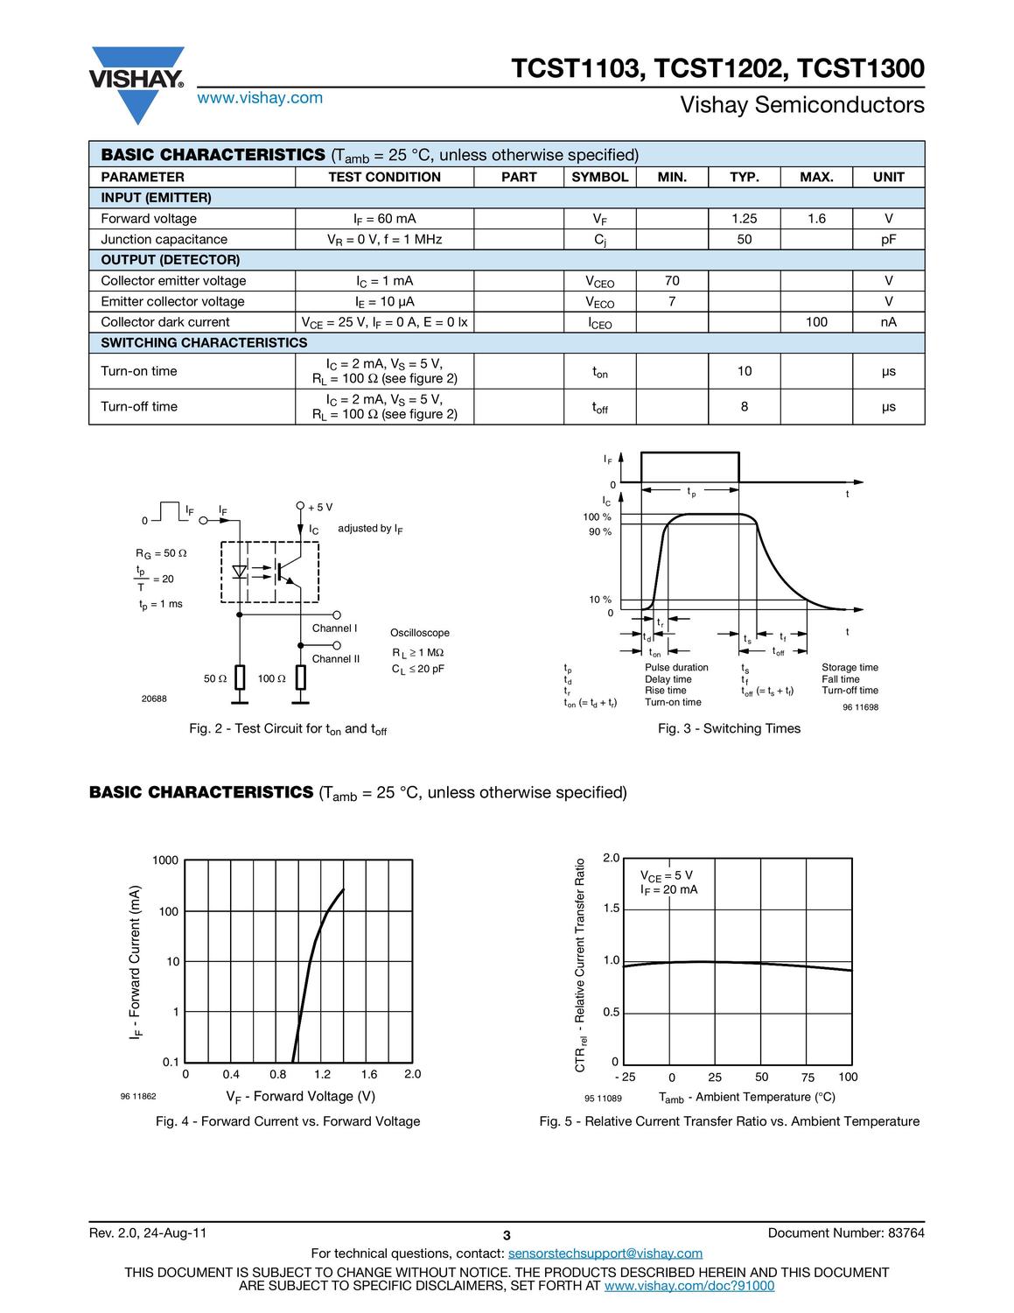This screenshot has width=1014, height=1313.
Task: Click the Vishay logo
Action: (136, 82)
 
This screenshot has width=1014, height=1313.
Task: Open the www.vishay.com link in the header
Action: (260, 98)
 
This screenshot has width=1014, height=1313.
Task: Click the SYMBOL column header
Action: (599, 177)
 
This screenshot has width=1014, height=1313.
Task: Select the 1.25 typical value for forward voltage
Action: (744, 219)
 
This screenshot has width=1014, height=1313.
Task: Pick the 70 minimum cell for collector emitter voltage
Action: (671, 281)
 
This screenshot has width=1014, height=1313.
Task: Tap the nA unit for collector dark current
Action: (888, 322)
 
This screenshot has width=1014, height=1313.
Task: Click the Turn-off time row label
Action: (139, 406)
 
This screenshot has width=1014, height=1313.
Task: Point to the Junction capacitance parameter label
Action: (164, 240)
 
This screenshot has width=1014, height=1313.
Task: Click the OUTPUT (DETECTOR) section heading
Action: (170, 260)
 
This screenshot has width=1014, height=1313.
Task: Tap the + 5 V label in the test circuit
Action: (320, 508)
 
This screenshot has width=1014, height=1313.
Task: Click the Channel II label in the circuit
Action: (336, 659)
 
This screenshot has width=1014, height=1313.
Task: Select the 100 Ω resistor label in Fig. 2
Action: (271, 679)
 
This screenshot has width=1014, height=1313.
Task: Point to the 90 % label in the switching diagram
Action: (599, 532)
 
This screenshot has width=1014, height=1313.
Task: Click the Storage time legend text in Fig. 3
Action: (850, 668)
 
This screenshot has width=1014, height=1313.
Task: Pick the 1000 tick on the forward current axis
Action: (164, 860)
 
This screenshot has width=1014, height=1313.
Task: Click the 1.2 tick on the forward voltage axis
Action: (322, 1074)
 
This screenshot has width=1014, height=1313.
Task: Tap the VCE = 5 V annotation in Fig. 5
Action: (666, 875)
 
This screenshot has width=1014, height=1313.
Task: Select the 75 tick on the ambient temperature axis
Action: (808, 1078)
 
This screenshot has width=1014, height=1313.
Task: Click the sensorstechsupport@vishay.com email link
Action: (605, 1253)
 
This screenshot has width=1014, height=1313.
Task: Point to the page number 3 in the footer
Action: (507, 1236)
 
